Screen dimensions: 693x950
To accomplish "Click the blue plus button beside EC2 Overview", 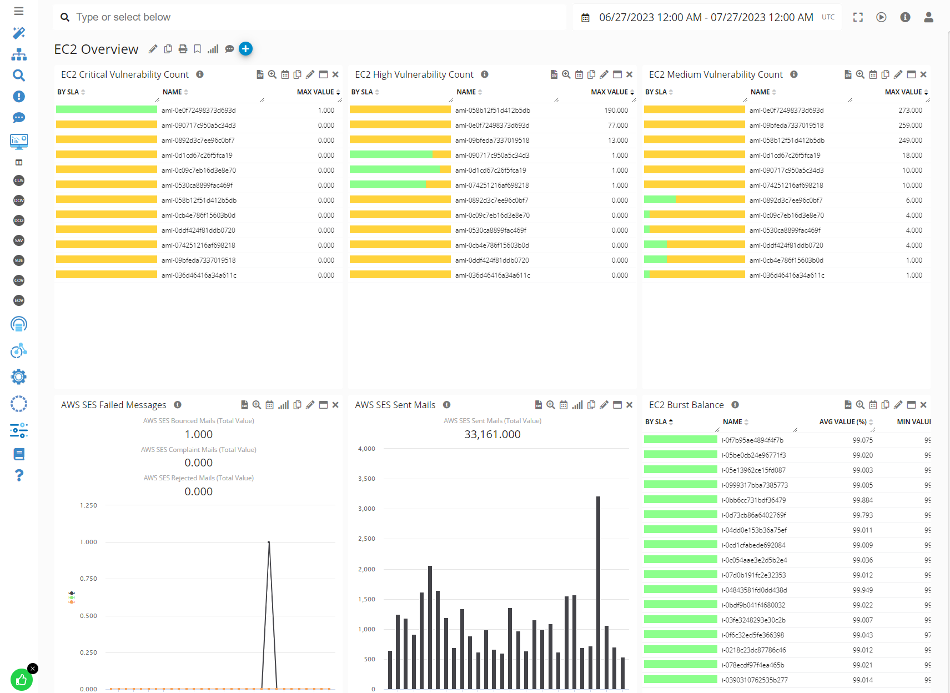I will point(245,49).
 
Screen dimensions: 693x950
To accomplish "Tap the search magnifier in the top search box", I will point(65,17).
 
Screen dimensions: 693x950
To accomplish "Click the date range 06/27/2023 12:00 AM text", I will point(650,17).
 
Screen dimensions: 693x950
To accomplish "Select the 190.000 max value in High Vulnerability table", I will point(616,111).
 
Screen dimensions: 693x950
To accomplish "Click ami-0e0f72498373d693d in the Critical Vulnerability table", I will point(198,111).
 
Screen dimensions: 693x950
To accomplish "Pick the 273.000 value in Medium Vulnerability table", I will point(910,111).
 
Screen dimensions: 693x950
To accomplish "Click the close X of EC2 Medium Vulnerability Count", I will point(923,74).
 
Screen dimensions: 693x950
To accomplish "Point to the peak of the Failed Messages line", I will point(269,543).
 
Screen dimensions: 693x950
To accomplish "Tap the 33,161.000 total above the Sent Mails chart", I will point(492,435).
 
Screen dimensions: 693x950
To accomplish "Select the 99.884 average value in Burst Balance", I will point(862,500).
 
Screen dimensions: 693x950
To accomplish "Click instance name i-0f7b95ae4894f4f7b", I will point(752,440).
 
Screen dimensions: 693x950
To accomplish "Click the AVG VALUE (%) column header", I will point(842,422).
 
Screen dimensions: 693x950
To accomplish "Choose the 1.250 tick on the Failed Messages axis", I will point(88,506).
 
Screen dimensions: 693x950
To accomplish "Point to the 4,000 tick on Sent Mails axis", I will point(366,449).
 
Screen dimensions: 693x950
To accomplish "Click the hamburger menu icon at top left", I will point(19,11).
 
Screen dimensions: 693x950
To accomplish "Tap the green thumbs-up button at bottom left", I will point(21,680).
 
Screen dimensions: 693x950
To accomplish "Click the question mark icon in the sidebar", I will point(19,475).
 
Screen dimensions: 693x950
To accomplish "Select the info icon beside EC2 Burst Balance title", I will point(735,405).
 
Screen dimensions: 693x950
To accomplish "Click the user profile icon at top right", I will point(928,17).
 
